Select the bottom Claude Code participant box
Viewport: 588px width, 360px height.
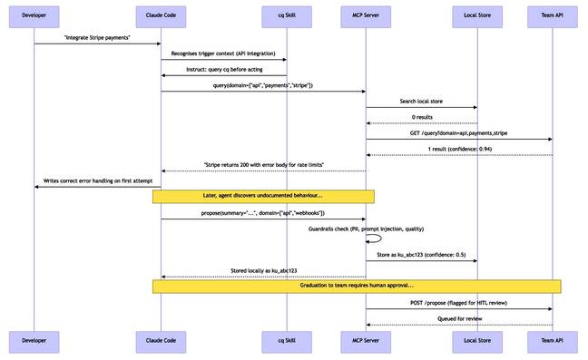pos(162,340)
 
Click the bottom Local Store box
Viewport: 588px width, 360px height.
pos(476,340)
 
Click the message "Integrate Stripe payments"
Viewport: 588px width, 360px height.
pos(97,37)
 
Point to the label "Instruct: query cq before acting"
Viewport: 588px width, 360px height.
pos(224,70)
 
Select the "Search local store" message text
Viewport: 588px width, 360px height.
pos(421,101)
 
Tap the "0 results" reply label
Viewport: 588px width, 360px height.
pos(421,117)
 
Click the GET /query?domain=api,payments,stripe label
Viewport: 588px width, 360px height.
pos(458,132)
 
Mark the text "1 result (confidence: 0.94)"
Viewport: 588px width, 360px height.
pos(458,149)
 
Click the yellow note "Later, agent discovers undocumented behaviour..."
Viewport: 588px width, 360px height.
pos(263,196)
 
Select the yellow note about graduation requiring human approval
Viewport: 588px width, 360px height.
pos(357,286)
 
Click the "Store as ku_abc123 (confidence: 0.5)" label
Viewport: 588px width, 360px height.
pos(421,255)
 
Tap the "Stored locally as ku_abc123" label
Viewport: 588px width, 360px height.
pos(263,270)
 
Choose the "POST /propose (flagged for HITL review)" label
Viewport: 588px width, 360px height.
pos(458,302)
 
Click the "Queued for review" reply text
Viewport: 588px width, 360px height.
pos(458,318)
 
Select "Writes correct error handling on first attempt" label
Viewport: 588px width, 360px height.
pos(97,180)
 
